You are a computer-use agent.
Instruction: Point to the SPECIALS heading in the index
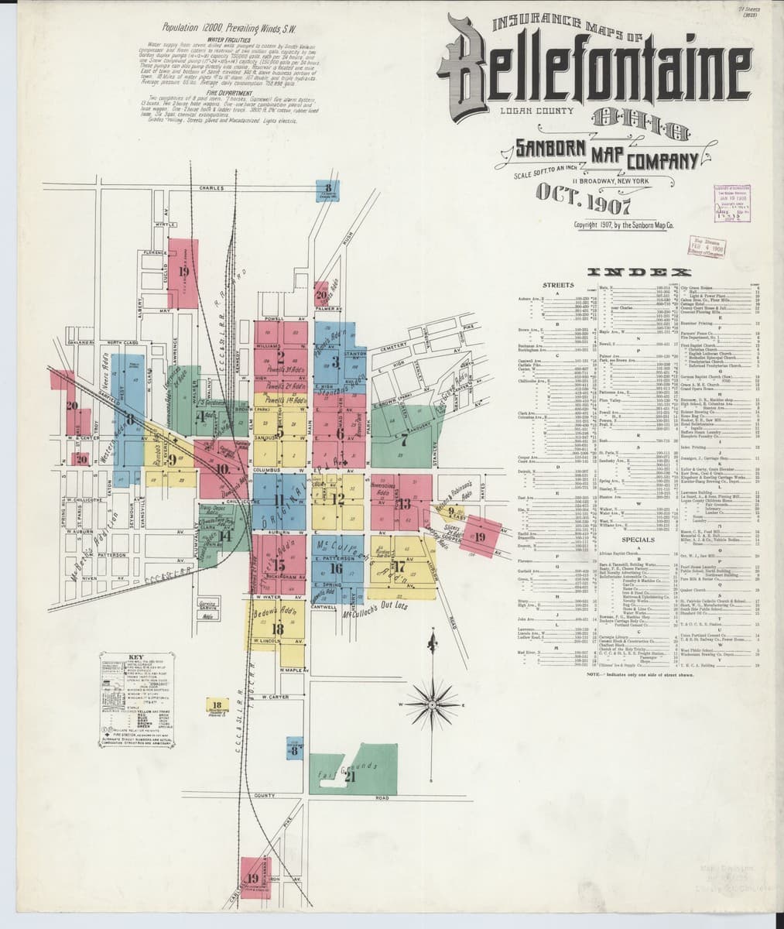[x=638, y=539]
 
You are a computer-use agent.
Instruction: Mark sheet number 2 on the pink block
[x=280, y=357]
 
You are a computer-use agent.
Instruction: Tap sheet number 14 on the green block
[x=224, y=535]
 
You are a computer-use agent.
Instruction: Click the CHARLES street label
[x=211, y=188]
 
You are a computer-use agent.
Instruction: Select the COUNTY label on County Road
[x=264, y=796]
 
